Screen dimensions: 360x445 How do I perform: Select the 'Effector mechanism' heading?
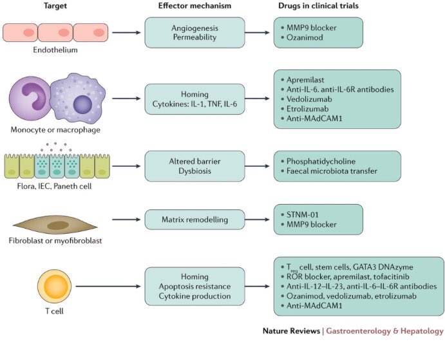click(194, 6)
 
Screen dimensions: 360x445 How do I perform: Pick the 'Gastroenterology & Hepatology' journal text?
click(384, 331)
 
